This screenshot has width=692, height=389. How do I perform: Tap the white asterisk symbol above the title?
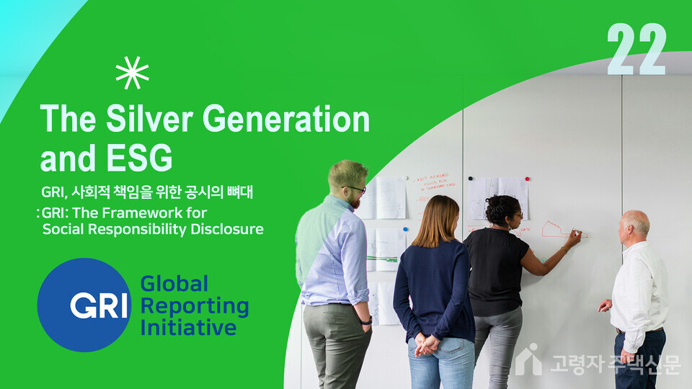pyautogui.click(x=132, y=73)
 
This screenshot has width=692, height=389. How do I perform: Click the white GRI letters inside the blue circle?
pyautogui.click(x=99, y=305)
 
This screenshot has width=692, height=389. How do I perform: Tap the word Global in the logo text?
pyautogui.click(x=174, y=283)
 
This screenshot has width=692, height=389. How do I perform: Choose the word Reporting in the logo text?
pyautogui.click(x=194, y=306)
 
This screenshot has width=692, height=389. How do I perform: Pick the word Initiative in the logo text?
pyautogui.click(x=188, y=328)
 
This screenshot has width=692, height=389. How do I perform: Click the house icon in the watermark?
pyautogui.click(x=528, y=359)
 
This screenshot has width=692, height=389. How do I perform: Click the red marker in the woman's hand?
pyautogui.click(x=575, y=232)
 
